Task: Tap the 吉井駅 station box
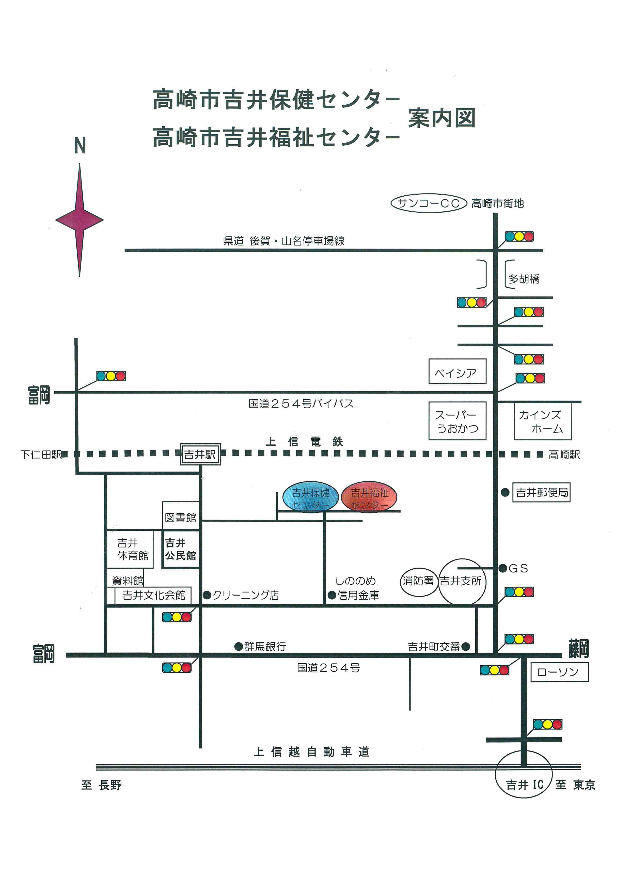200,455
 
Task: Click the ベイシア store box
457,372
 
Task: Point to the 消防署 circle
418,581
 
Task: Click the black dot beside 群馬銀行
239,647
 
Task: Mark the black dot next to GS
503,569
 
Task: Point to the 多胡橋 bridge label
524,279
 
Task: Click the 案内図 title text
442,118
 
